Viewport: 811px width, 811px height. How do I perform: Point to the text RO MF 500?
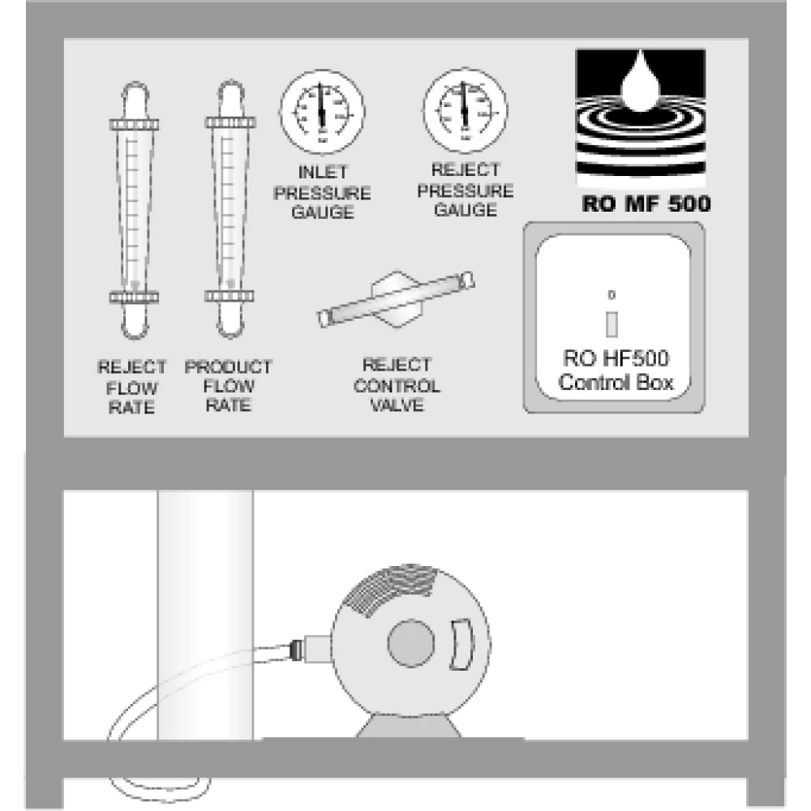(x=646, y=204)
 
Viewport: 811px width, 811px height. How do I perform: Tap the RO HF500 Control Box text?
(x=616, y=371)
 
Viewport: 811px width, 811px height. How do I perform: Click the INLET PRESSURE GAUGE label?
(x=322, y=192)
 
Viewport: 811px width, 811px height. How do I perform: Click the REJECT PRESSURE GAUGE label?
(x=465, y=191)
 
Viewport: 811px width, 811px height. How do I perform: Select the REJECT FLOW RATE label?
(x=131, y=387)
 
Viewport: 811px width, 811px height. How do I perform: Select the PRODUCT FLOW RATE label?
(x=228, y=386)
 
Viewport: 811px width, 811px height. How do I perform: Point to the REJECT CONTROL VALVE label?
(x=397, y=385)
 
